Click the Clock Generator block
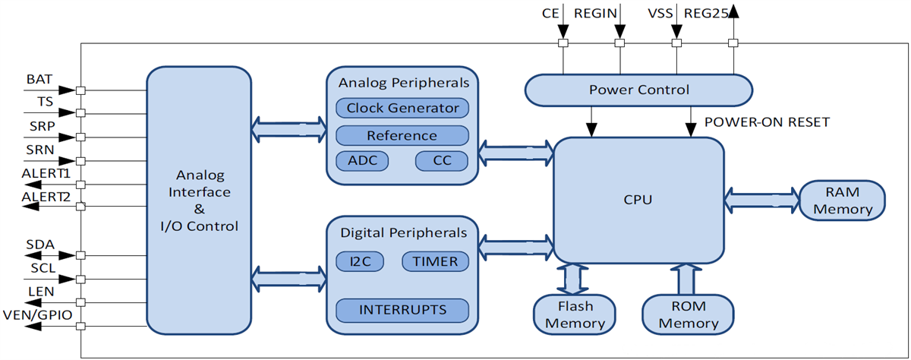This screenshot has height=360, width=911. click(x=402, y=108)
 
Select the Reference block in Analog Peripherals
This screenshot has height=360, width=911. click(x=402, y=136)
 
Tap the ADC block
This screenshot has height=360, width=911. click(x=361, y=161)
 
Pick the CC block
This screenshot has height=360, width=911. click(x=441, y=161)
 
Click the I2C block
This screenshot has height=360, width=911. click(x=360, y=261)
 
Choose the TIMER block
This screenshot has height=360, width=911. click(x=435, y=261)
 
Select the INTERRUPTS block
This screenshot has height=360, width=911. click(x=402, y=309)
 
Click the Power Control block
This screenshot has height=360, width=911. click(x=638, y=90)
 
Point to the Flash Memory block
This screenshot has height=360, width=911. click(x=575, y=314)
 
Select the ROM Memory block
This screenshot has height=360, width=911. click(x=688, y=314)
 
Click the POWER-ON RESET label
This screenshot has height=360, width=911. click(x=767, y=122)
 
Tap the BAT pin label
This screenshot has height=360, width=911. click(x=39, y=79)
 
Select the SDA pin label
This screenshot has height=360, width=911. click(x=40, y=245)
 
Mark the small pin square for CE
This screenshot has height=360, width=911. click(x=563, y=43)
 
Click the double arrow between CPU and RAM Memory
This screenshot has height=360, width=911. click(x=761, y=200)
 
